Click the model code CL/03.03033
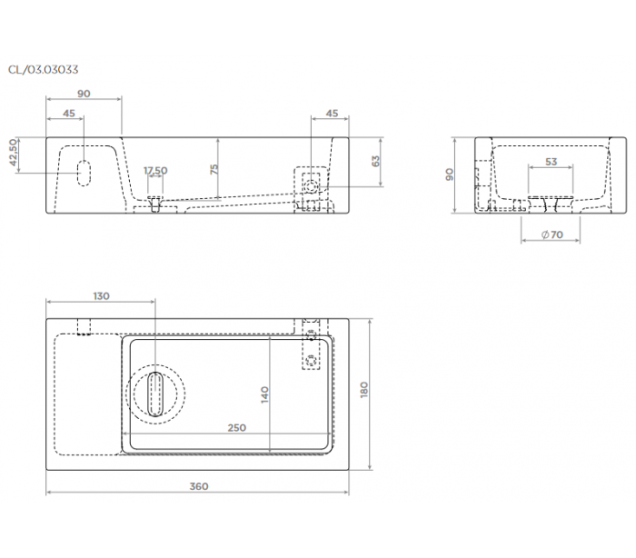click(x=43, y=70)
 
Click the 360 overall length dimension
click(x=199, y=486)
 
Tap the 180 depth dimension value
click(x=364, y=390)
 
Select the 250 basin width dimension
click(x=236, y=428)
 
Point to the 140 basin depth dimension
click(x=264, y=394)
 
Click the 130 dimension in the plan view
click(x=101, y=296)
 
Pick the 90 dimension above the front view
click(x=84, y=94)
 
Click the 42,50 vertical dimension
click(x=14, y=152)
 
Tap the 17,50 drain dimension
click(x=155, y=170)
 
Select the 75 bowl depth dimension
click(x=214, y=169)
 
